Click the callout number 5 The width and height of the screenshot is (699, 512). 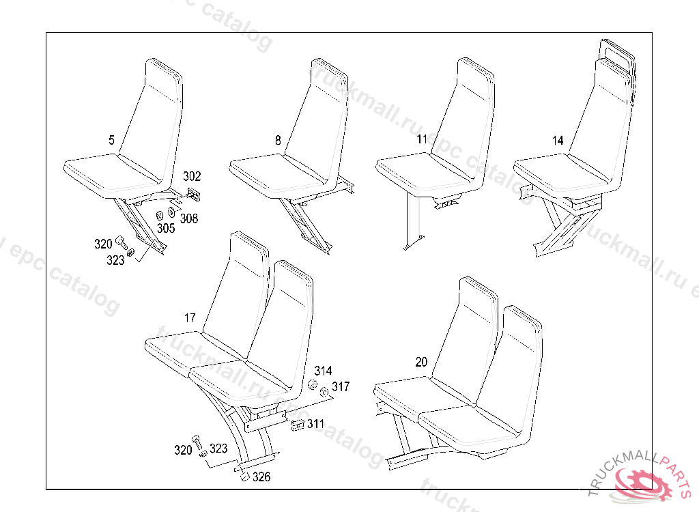(x=111, y=141)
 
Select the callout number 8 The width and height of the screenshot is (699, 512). (x=278, y=141)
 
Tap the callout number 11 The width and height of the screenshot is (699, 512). (x=422, y=140)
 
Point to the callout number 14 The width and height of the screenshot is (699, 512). (x=558, y=141)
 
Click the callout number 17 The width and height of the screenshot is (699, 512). (x=190, y=318)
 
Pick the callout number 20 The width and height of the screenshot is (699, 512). (x=421, y=362)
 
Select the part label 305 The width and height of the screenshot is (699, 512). (x=166, y=229)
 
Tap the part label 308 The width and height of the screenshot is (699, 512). (x=189, y=218)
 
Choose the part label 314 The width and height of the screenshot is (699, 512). (x=323, y=371)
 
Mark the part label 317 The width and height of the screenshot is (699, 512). (x=341, y=387)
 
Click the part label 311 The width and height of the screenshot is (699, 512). (x=315, y=424)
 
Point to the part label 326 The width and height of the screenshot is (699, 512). (x=261, y=477)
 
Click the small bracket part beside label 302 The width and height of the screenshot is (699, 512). (x=192, y=195)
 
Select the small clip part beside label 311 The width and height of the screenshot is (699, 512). (x=297, y=426)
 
